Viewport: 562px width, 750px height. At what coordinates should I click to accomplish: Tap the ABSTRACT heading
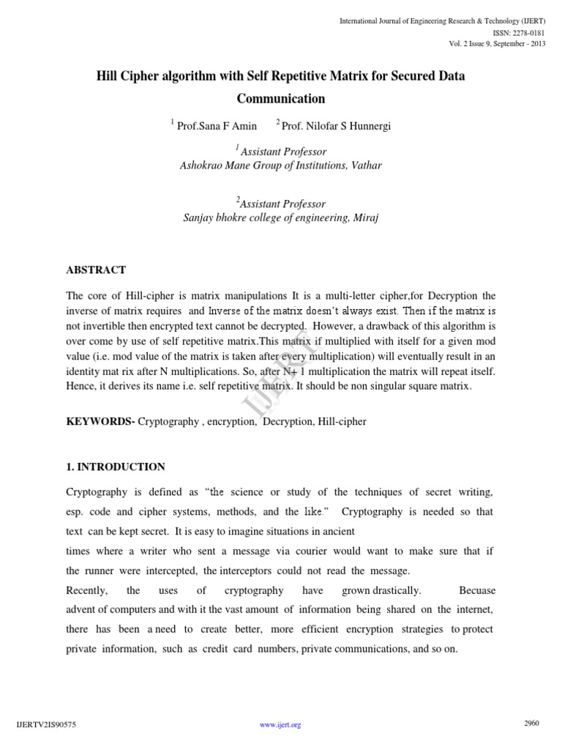[x=96, y=270]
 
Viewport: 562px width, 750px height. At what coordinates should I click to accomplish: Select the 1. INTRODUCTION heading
[x=116, y=467]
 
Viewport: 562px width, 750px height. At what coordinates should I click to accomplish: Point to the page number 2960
[x=532, y=724]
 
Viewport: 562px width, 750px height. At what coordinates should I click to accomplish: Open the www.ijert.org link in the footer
[x=281, y=725]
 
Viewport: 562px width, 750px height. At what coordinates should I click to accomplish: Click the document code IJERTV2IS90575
[x=45, y=725]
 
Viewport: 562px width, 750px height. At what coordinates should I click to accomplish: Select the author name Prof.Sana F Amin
[x=217, y=126]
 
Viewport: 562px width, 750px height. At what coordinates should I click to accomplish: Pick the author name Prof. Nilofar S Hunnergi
[x=336, y=126]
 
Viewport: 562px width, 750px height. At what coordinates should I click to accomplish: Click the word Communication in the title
[x=281, y=98]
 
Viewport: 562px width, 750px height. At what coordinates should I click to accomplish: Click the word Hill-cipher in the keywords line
[x=342, y=422]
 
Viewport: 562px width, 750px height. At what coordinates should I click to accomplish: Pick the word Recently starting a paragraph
[x=86, y=590]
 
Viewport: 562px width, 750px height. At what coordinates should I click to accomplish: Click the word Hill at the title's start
[x=110, y=75]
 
